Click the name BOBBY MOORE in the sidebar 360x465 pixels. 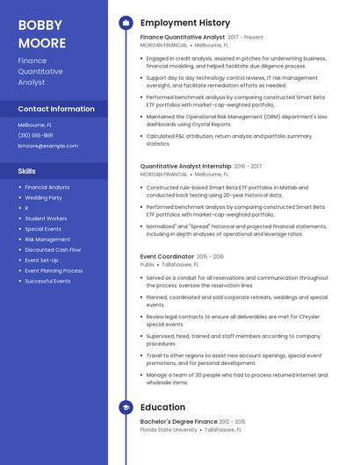[x=42, y=33]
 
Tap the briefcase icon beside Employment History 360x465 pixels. [x=126, y=23]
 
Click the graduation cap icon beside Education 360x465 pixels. [x=126, y=407]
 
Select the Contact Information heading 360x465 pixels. [x=56, y=109]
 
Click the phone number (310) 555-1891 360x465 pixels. [x=35, y=135]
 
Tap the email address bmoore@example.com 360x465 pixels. [x=41, y=146]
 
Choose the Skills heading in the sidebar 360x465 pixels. [x=26, y=171]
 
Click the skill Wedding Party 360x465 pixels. [x=43, y=197]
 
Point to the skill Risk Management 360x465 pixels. [x=47, y=240]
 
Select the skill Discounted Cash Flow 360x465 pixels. [x=52, y=250]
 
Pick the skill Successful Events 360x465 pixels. [x=47, y=282]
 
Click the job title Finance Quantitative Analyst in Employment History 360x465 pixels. [x=182, y=38]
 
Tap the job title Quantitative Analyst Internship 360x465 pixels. [x=186, y=165]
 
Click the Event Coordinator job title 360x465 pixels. [x=167, y=256]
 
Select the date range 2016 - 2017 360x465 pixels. [x=248, y=165]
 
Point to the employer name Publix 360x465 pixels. [x=147, y=264]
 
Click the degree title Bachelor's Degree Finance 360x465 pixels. [x=178, y=422]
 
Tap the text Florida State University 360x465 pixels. [x=169, y=430]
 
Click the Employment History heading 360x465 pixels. [x=184, y=23]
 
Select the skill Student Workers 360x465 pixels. [x=46, y=218]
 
